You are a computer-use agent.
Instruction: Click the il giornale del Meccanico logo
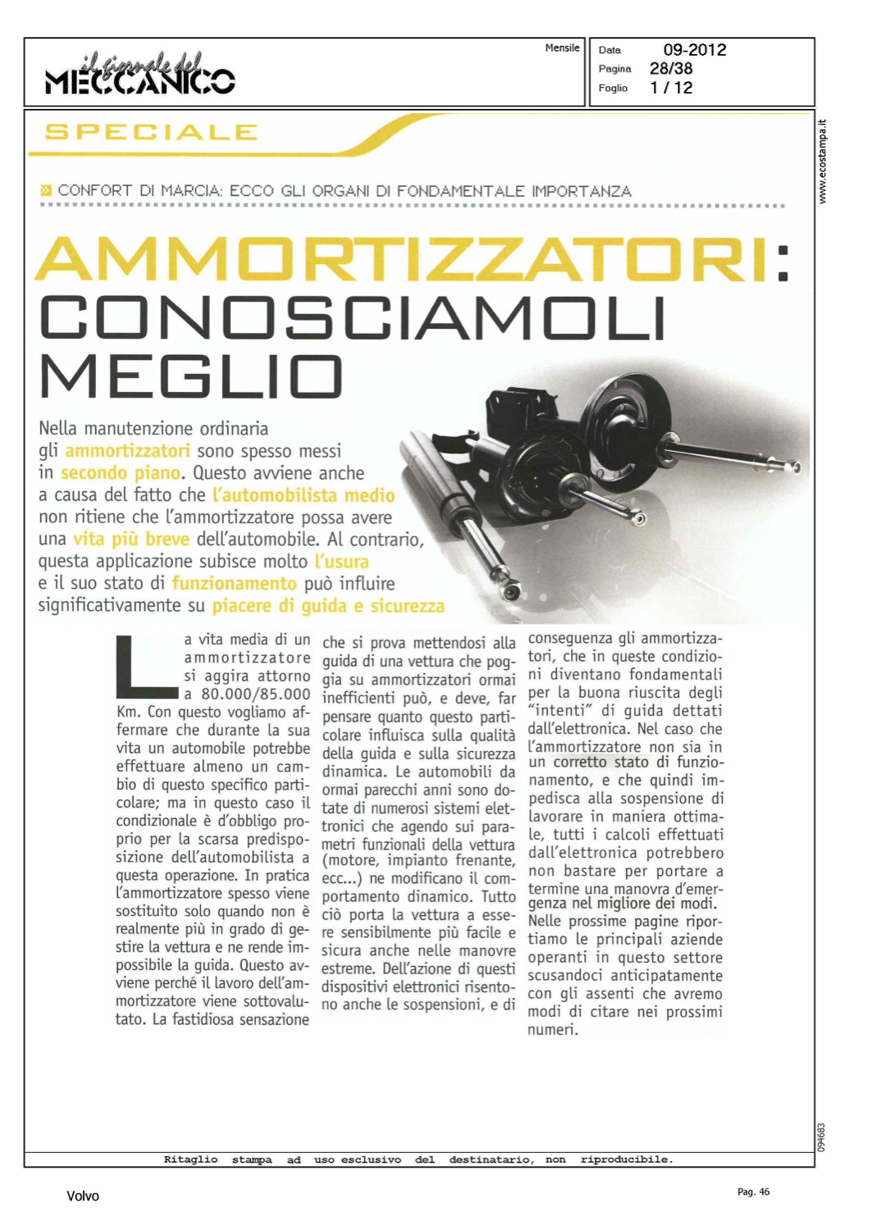point(140,73)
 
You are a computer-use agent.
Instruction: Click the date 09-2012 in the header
point(694,50)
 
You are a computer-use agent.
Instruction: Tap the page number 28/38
point(670,69)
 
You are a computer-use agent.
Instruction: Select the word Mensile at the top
point(562,48)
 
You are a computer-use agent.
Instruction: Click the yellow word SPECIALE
point(151,132)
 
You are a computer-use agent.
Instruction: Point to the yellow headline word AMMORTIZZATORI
point(402,259)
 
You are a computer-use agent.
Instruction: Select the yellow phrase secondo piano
point(120,473)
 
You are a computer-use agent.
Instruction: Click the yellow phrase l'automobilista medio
point(304,495)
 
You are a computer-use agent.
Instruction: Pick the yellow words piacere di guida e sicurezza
point(328,606)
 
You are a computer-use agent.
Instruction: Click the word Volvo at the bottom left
point(83,1196)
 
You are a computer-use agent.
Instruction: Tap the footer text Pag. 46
point(753,1192)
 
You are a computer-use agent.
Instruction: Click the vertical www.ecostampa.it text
point(823,162)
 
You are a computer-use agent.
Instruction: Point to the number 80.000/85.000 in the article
point(255,694)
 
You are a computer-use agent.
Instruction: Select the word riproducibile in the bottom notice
point(626,1159)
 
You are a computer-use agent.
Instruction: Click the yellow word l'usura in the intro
point(341,562)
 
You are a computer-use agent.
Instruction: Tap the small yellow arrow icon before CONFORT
point(46,191)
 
